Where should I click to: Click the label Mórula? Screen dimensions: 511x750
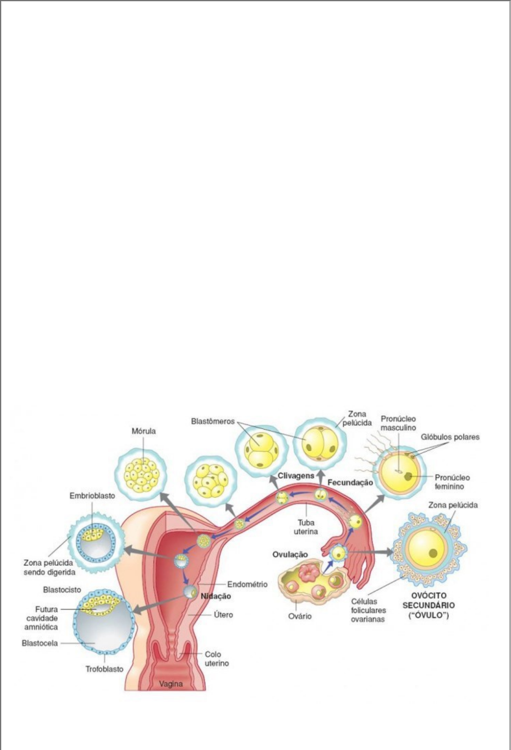pos(144,431)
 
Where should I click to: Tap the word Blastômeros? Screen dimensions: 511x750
pos(213,421)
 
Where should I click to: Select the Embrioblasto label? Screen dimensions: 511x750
pos(92,496)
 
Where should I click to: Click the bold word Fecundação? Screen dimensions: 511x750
pos(350,483)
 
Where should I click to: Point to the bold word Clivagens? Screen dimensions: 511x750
pos(296,476)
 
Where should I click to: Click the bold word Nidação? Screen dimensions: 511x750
pos(216,597)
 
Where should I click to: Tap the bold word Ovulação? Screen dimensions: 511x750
pos(290,555)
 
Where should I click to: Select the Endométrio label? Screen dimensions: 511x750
pos(247,584)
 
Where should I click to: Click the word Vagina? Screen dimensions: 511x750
pos(171,684)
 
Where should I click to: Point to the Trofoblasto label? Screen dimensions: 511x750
pos(104,669)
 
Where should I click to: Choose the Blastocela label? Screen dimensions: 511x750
pos(40,643)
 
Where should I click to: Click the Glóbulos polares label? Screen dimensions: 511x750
pos(450,437)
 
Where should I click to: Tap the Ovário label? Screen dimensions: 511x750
pos(300,616)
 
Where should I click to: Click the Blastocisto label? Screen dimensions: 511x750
pos(62,590)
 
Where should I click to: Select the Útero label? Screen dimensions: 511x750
pos(223,615)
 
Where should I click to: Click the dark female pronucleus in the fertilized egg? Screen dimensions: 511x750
pos(408,476)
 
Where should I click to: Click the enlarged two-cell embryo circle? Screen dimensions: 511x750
pos(320,445)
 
